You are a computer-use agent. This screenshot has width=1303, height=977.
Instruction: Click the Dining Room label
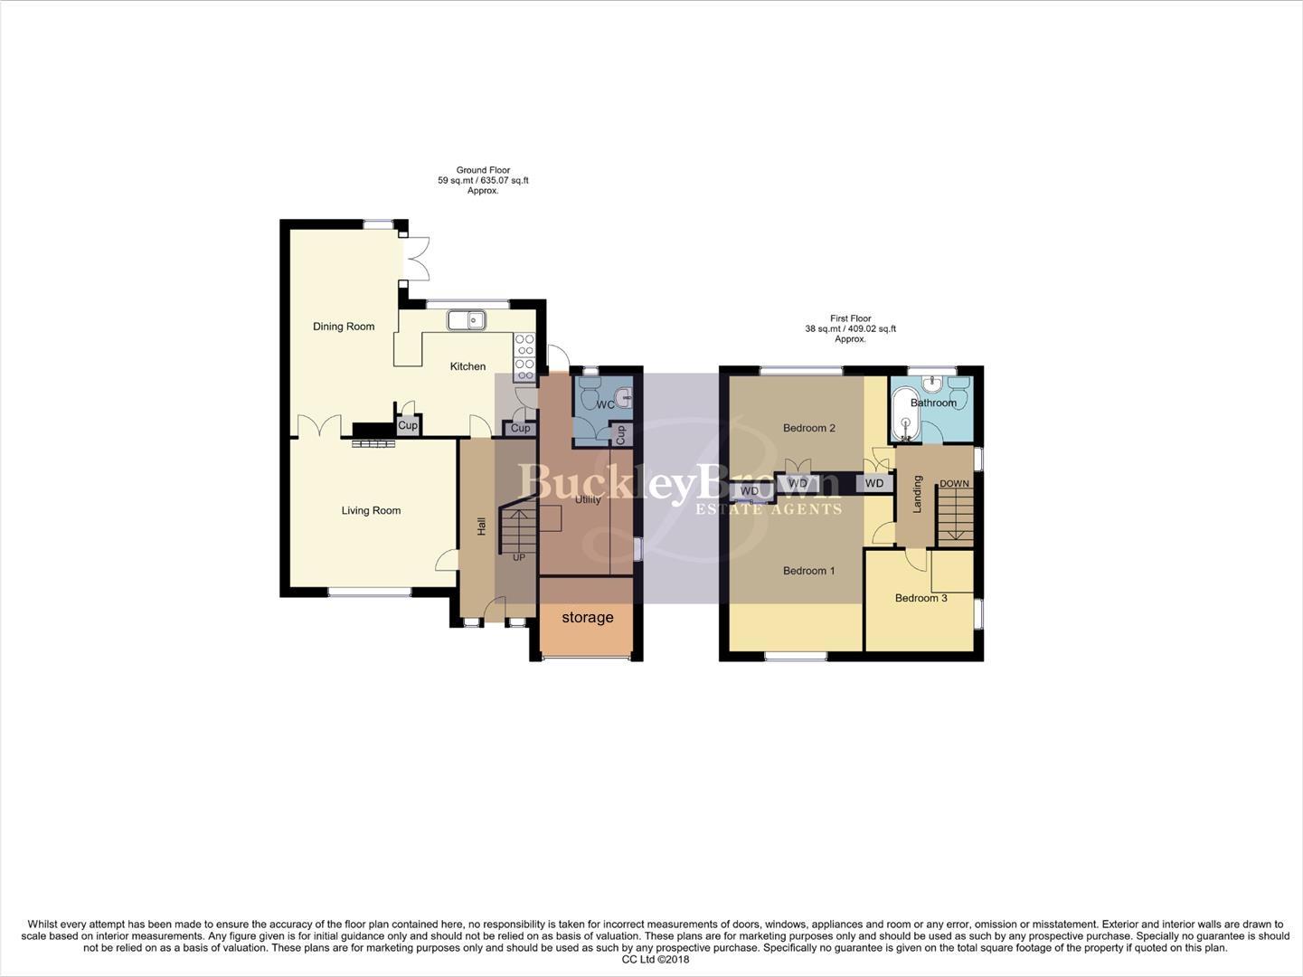(x=344, y=327)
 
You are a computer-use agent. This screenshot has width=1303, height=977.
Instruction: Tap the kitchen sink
(x=467, y=319)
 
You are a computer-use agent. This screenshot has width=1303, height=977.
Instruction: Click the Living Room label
(x=371, y=510)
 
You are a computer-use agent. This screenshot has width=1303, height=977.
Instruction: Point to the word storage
(x=588, y=618)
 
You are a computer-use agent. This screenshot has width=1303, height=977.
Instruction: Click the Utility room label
(x=588, y=499)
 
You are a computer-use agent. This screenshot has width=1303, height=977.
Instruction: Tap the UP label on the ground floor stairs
(x=519, y=557)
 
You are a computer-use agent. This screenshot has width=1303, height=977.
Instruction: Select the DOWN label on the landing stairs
(x=954, y=484)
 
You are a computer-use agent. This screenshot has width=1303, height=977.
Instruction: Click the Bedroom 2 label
(x=808, y=428)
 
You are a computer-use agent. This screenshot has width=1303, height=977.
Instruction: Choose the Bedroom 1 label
(x=808, y=571)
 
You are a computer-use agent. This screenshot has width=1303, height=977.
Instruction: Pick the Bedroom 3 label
(x=921, y=598)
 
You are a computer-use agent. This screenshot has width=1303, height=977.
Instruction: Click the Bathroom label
(x=933, y=403)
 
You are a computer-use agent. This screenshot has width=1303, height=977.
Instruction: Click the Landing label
(x=917, y=494)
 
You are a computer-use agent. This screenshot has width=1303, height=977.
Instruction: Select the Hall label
(x=482, y=526)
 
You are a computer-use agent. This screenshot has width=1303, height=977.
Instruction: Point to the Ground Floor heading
(x=483, y=170)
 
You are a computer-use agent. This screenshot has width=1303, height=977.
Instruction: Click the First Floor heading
(x=850, y=318)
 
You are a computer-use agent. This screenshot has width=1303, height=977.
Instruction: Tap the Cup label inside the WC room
(x=620, y=434)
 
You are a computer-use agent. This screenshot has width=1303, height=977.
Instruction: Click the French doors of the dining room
(x=416, y=260)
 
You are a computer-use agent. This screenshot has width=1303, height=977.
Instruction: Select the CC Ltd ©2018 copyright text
(x=656, y=960)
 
